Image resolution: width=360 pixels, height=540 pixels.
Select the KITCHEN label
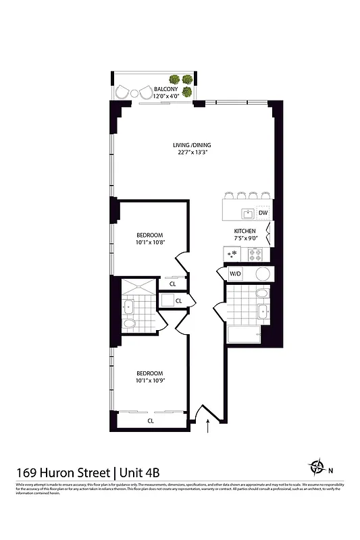tap(244, 230)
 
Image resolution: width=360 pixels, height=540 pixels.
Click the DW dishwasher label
tap(263, 213)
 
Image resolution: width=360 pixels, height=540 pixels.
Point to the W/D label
tap(235, 274)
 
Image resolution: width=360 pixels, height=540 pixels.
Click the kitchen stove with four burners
tap(257, 254)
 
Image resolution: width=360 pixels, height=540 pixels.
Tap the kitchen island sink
tap(248, 213)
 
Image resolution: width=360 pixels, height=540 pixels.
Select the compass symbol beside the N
tap(317, 466)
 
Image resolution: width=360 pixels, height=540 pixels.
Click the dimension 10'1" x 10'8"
tap(151, 243)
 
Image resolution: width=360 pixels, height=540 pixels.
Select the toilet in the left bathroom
tap(130, 326)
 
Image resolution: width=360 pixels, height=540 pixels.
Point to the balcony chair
tap(122, 92)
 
